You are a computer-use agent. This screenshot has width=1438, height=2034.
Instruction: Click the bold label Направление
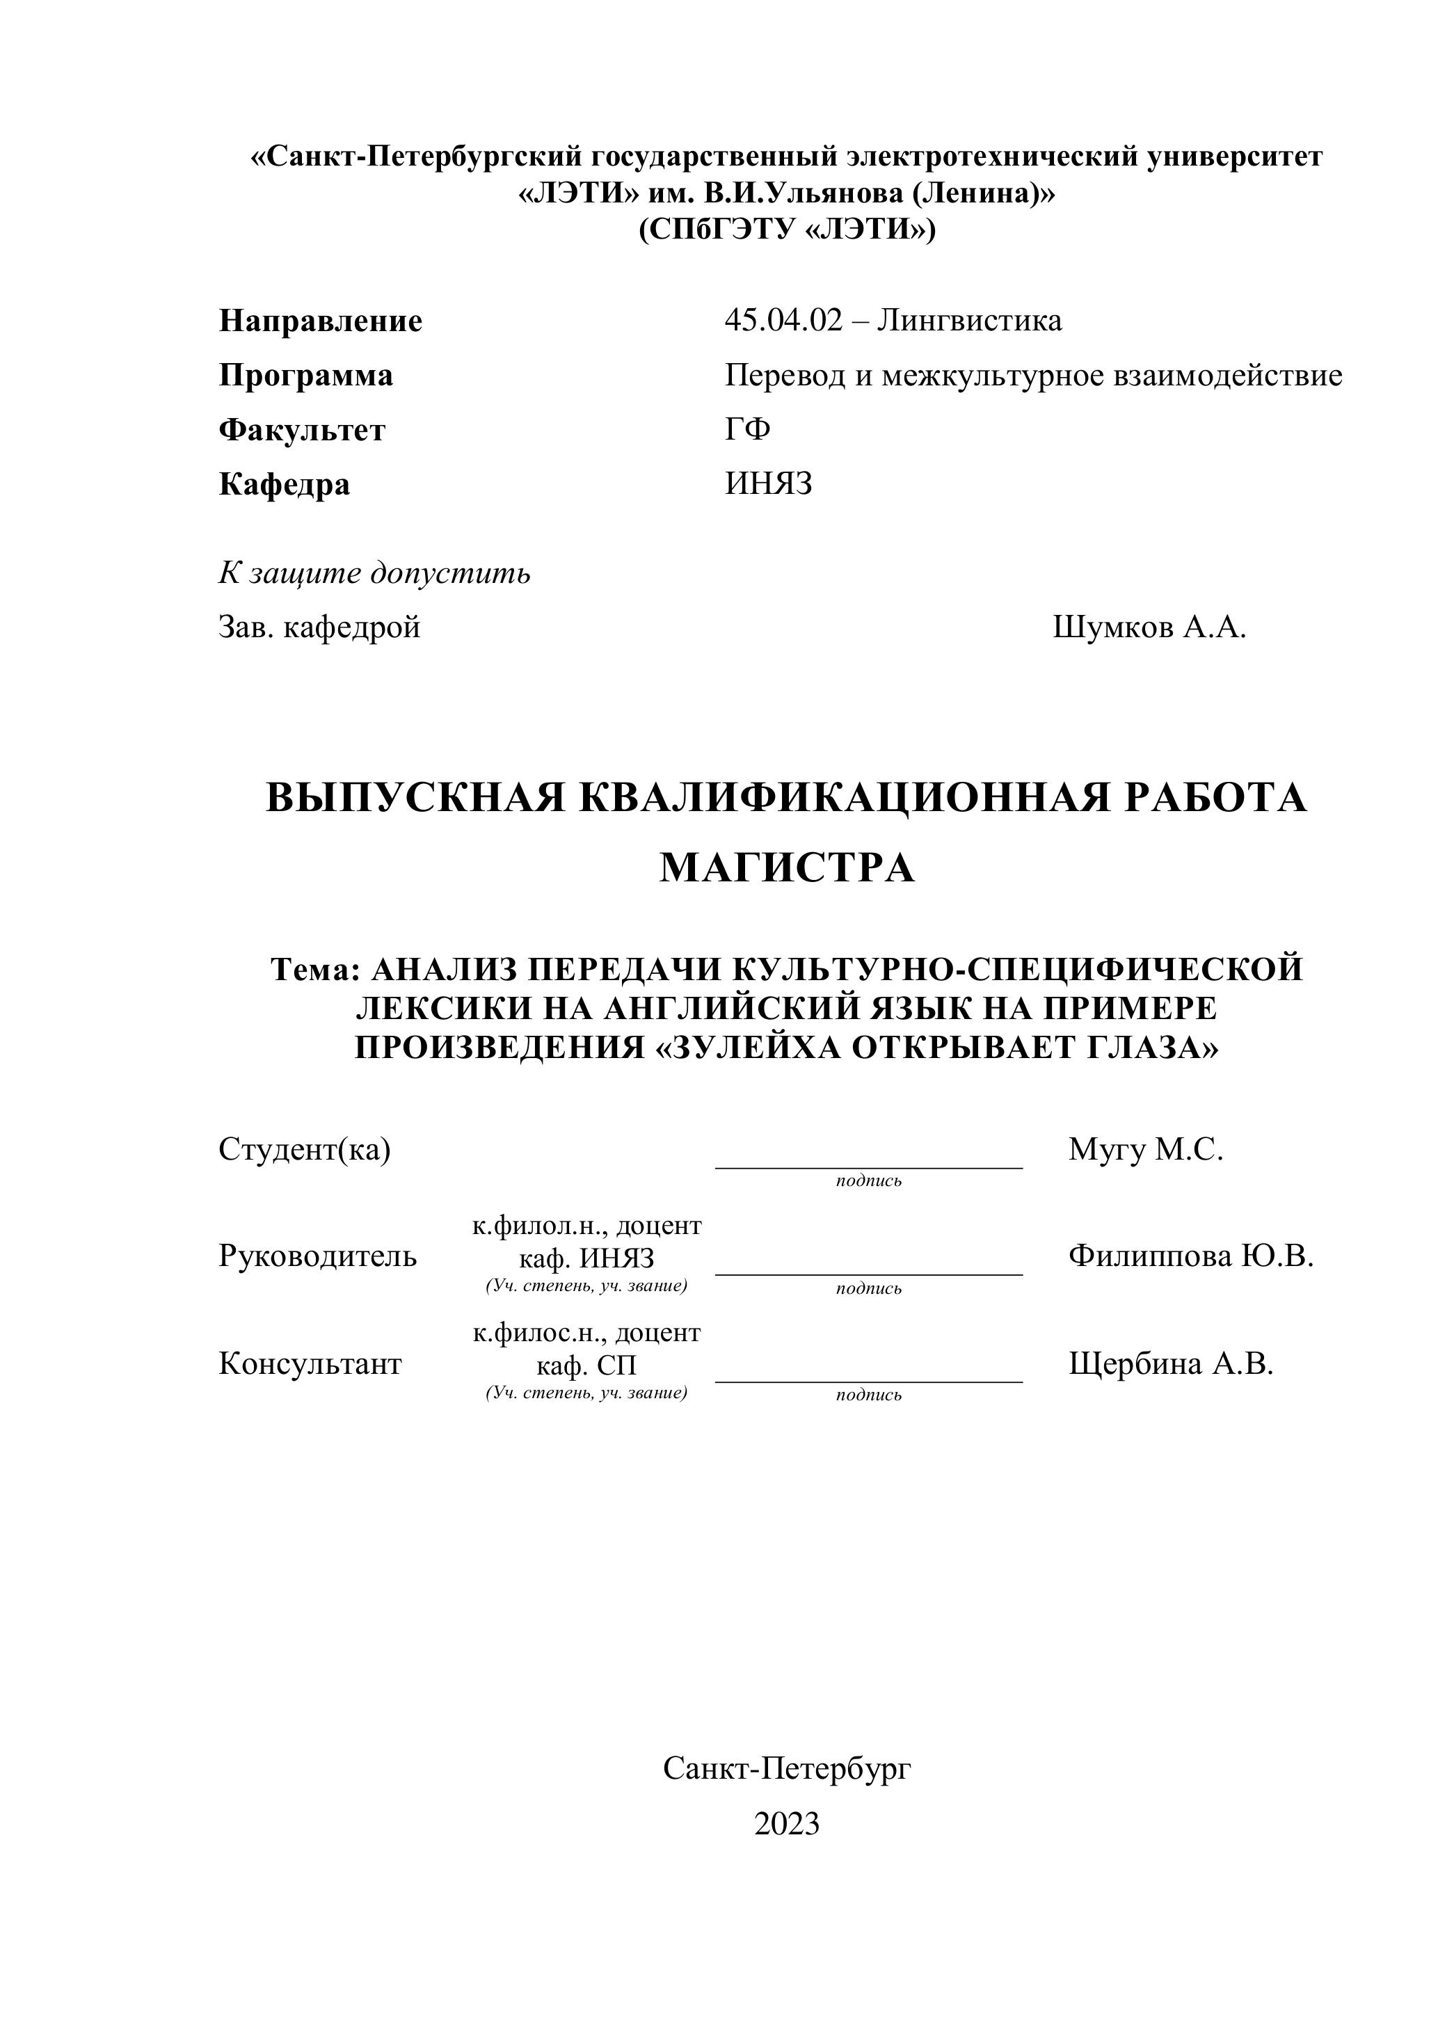[x=320, y=321]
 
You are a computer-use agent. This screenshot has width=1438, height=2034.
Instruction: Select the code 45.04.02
[x=783, y=320]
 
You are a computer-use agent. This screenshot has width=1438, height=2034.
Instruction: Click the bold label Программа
[x=305, y=376]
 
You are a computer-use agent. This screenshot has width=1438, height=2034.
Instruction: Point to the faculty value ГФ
[x=747, y=430]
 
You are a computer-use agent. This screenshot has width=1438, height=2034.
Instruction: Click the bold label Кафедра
[x=284, y=485]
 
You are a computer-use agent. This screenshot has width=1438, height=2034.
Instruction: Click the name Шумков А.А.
[x=1149, y=627]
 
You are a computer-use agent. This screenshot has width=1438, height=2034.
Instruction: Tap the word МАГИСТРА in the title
[x=786, y=867]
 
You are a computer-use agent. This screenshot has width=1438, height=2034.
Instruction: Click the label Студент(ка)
[x=304, y=1149]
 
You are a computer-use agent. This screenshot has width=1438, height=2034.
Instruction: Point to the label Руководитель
[x=317, y=1256]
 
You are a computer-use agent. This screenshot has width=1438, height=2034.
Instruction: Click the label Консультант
[x=309, y=1363]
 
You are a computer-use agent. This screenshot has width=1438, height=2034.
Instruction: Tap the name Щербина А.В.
[x=1170, y=1363]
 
